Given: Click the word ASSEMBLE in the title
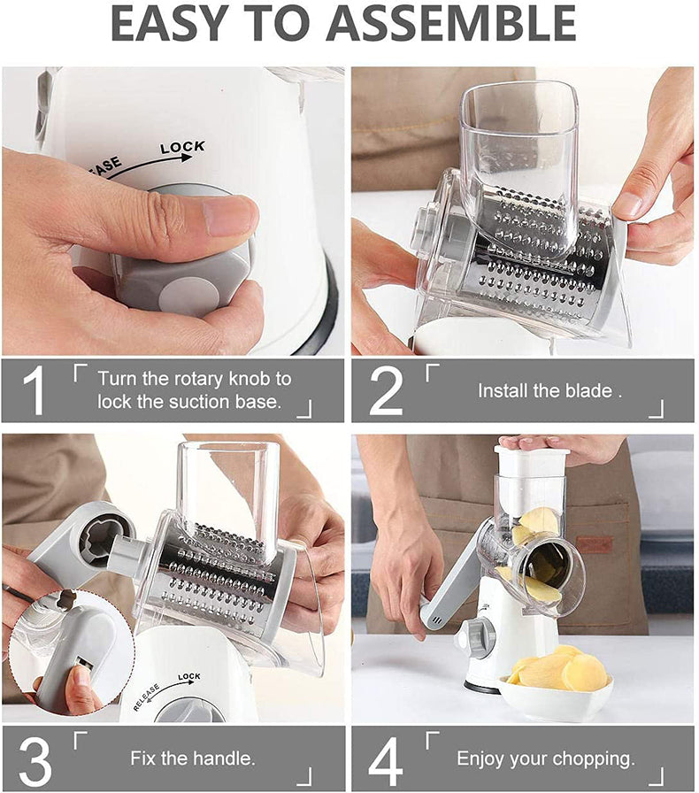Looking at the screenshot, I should coord(451,25).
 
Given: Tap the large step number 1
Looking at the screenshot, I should coord(34,391).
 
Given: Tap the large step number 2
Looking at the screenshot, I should coord(386,391).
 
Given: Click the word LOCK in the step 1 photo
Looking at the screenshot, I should coord(182,147).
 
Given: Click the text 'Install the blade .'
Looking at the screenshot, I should coord(549,390).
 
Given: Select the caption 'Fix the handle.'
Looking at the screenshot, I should coord(193,758).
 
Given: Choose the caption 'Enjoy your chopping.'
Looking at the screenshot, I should coord(546,758).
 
